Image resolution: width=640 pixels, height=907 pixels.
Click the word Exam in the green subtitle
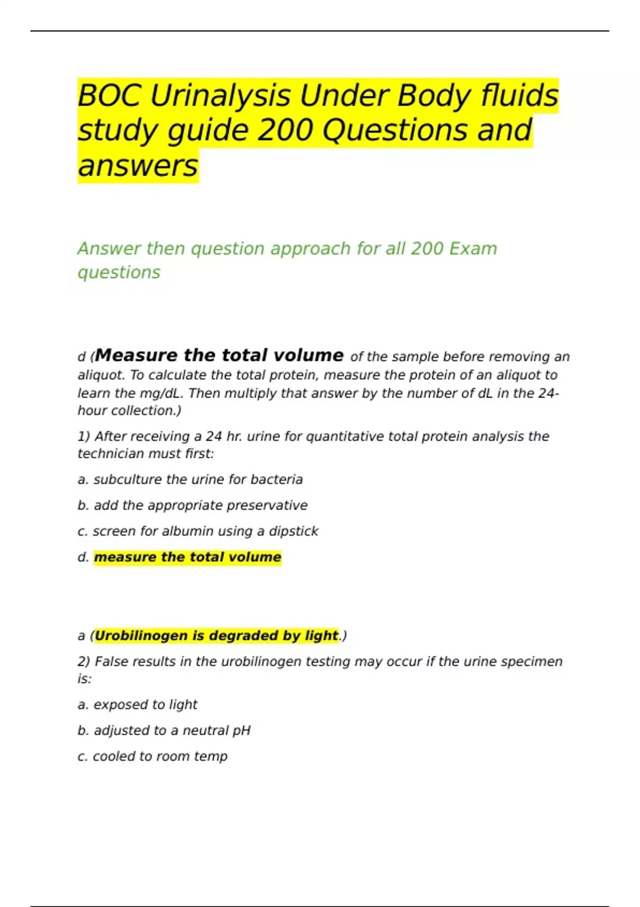click(473, 249)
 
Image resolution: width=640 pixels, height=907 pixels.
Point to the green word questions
click(119, 272)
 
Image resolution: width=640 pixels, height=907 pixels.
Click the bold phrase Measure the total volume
click(219, 355)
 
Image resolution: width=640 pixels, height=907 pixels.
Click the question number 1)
click(84, 436)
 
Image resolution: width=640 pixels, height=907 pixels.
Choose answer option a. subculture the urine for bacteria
click(190, 480)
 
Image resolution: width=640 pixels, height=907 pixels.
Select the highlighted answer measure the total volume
click(187, 557)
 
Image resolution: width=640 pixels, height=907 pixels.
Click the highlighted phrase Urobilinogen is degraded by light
click(216, 635)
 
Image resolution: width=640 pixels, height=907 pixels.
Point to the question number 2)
click(84, 662)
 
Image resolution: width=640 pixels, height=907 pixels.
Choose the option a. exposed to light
click(137, 705)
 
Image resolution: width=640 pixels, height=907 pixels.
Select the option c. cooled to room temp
click(152, 757)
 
